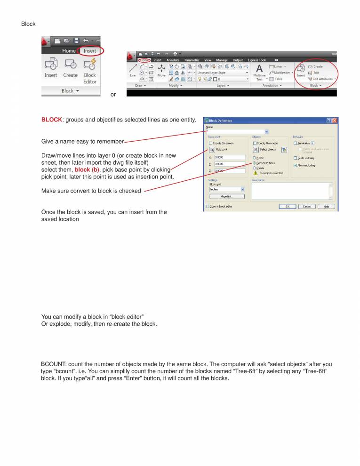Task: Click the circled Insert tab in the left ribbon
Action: (x=90, y=51)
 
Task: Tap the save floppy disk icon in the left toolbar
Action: (x=77, y=41)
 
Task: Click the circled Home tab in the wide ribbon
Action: (x=144, y=60)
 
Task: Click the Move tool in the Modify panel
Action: (x=161, y=69)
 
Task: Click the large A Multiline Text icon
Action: (x=259, y=69)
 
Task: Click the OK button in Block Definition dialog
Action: (x=287, y=206)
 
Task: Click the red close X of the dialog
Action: (x=335, y=121)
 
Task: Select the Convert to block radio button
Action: (x=255, y=163)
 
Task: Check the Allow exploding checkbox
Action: (x=295, y=165)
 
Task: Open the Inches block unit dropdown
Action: (x=227, y=189)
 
